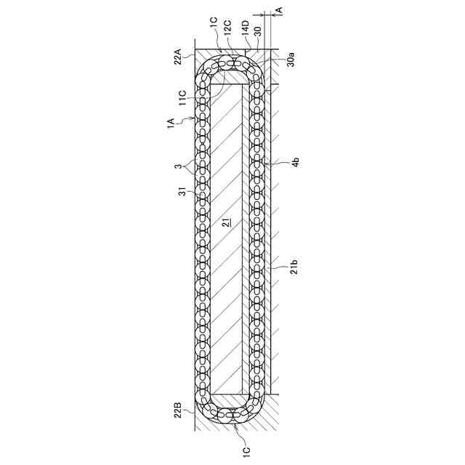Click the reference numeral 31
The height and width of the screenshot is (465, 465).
(180, 191)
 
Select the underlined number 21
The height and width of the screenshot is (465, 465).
(226, 223)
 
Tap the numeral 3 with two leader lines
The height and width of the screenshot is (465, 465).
(178, 166)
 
